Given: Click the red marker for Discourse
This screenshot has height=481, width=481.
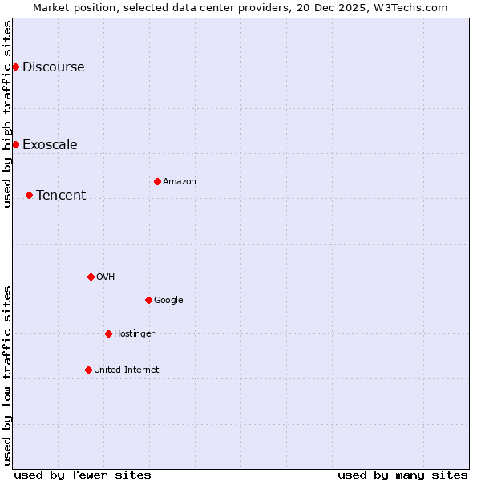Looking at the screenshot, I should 15,67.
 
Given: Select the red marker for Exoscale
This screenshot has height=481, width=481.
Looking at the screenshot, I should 15,144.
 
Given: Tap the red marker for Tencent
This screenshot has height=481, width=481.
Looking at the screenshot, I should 29,195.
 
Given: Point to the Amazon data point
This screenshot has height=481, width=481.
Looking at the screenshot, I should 157,181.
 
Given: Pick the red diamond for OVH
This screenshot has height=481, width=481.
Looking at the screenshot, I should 91,277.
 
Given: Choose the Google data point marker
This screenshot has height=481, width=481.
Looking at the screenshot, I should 148,300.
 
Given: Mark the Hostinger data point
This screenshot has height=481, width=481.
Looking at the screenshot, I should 108,333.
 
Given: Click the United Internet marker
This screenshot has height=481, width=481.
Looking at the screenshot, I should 88,370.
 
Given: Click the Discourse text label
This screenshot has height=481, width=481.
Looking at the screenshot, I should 53,67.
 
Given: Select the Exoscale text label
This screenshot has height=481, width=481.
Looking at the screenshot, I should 50,145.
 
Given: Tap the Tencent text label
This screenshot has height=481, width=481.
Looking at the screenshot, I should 61,196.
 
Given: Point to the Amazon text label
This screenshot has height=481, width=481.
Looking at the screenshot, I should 180,182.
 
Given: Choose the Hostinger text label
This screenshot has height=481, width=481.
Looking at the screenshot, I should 134,334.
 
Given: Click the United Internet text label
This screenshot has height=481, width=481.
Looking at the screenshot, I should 127,370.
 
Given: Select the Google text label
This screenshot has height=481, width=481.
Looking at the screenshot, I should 168,301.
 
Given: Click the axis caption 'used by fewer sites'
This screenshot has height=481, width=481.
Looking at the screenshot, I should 83,475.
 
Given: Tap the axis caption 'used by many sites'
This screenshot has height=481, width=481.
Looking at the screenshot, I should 402,475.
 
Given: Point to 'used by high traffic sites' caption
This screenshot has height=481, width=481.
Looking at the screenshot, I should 7,114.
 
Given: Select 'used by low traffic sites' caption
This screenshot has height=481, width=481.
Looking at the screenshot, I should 7,375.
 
